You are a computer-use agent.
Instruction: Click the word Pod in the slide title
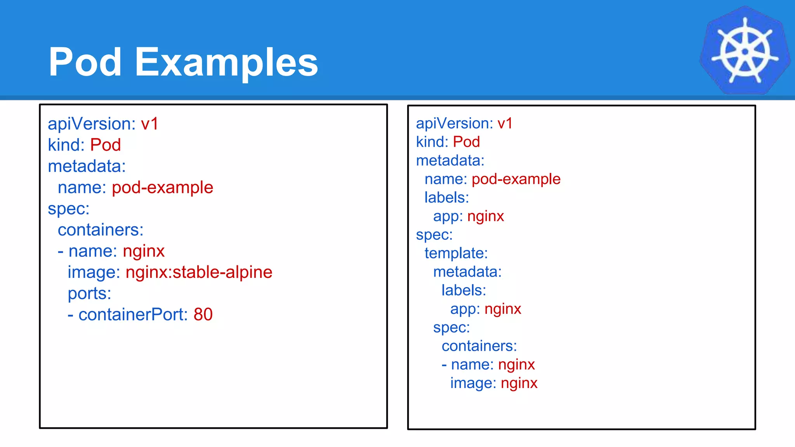pyautogui.click(x=85, y=62)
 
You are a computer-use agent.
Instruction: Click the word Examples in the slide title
pyautogui.click(x=226, y=62)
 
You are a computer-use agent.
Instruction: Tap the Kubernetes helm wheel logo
pyautogui.click(x=745, y=50)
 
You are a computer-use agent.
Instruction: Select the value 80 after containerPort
pyautogui.click(x=203, y=314)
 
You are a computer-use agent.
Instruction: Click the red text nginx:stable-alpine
pyautogui.click(x=199, y=272)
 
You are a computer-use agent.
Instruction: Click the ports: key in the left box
pyautogui.click(x=89, y=293)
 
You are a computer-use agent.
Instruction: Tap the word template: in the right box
pyautogui.click(x=456, y=253)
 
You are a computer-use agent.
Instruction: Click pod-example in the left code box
pyautogui.click(x=162, y=187)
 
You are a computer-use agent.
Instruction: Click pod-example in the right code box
pyautogui.click(x=516, y=179)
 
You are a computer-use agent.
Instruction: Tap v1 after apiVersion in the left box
pyautogui.click(x=149, y=124)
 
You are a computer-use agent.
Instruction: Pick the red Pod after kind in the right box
pyautogui.click(x=466, y=142)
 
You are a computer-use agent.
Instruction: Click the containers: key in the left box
pyautogui.click(x=101, y=230)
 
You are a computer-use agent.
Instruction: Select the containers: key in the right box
pyautogui.click(x=479, y=346)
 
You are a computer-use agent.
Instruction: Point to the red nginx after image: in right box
pyautogui.click(x=519, y=383)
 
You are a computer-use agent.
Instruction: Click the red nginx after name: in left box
pyautogui.click(x=144, y=251)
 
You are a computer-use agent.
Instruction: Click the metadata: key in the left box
pyautogui.click(x=87, y=166)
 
